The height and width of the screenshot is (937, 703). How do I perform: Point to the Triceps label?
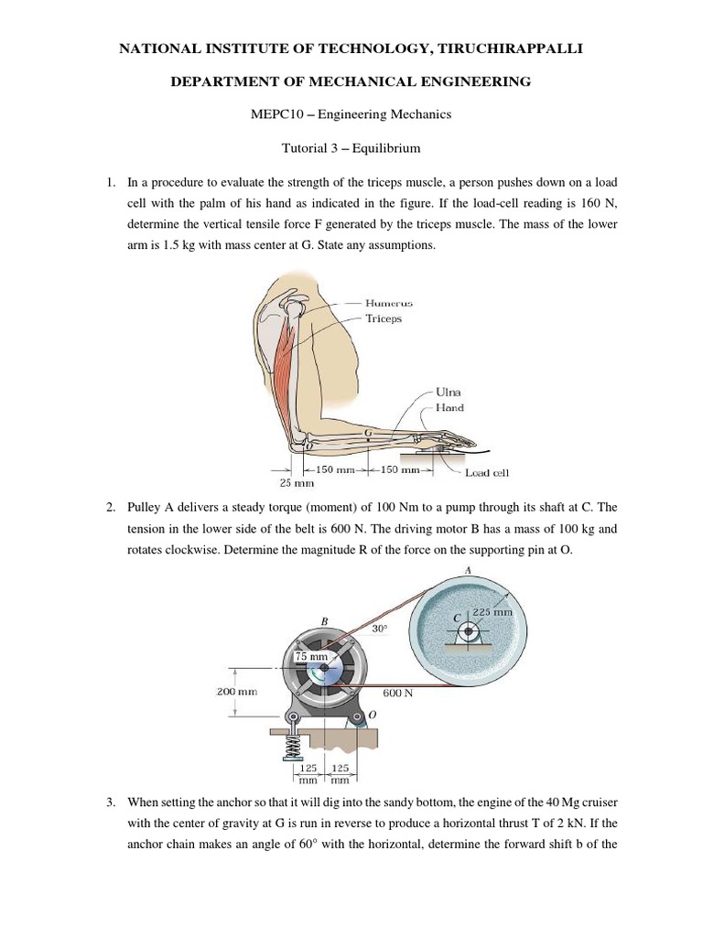[384, 319]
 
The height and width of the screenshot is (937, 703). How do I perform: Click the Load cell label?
[486, 472]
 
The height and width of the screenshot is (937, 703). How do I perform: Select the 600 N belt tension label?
[397, 693]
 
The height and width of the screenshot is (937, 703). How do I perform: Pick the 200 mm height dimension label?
[237, 693]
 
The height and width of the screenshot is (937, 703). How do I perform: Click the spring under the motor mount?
[294, 747]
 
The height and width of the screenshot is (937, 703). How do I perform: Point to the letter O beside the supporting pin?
[370, 716]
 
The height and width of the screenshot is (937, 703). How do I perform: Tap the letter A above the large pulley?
[469, 569]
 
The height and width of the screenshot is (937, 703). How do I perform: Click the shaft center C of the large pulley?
[468, 630]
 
